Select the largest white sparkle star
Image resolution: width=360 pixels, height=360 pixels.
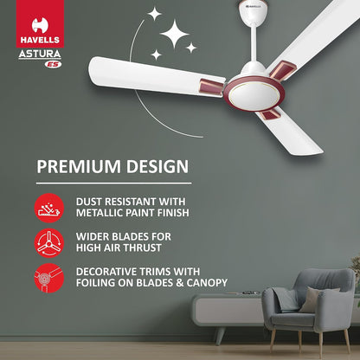click(176, 37)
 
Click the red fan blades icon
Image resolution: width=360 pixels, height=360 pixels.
click(48, 242)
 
